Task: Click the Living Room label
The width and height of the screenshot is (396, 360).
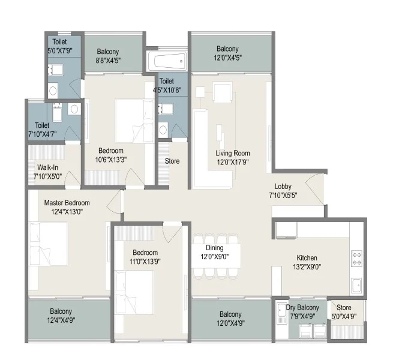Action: (x=233, y=153)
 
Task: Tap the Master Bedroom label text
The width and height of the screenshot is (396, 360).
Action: (x=67, y=203)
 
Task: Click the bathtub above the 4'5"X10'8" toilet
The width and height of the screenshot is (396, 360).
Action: (x=168, y=61)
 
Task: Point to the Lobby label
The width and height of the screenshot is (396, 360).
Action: (x=283, y=187)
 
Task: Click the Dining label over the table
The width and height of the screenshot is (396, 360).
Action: (x=215, y=248)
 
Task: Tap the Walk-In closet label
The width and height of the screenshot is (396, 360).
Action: (x=47, y=167)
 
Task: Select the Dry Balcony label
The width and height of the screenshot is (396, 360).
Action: (x=303, y=308)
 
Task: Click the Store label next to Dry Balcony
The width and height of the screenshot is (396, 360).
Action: (x=344, y=308)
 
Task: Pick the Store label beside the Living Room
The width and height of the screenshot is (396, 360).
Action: (x=172, y=161)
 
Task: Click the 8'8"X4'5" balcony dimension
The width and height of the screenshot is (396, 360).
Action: (x=107, y=60)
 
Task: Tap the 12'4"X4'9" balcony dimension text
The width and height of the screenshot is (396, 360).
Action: (x=61, y=320)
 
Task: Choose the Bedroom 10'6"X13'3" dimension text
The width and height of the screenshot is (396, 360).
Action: (x=111, y=159)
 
